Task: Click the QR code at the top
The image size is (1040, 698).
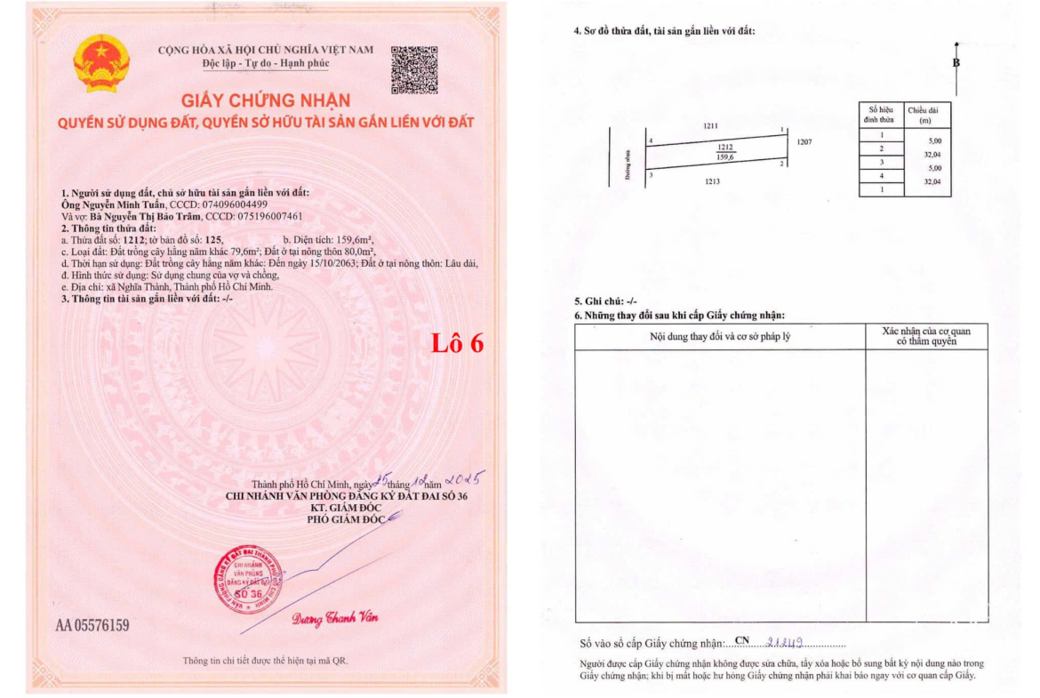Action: click(x=414, y=69)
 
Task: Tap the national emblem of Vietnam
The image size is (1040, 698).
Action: click(x=102, y=63)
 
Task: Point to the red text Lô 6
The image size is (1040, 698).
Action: click(x=457, y=343)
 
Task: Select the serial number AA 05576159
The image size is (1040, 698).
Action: click(x=92, y=625)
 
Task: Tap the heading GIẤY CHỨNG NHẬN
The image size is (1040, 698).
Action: click(x=267, y=100)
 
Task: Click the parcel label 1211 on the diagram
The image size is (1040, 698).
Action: click(x=710, y=127)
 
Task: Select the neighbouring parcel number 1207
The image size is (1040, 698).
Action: click(x=804, y=142)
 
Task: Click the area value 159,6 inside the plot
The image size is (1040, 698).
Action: click(x=724, y=157)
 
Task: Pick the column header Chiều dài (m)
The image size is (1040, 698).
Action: click(x=925, y=114)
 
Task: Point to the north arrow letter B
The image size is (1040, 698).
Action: click(x=956, y=63)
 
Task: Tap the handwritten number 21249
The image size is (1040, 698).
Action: click(x=783, y=642)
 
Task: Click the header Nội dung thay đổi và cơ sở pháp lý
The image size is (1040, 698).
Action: click(x=720, y=337)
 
